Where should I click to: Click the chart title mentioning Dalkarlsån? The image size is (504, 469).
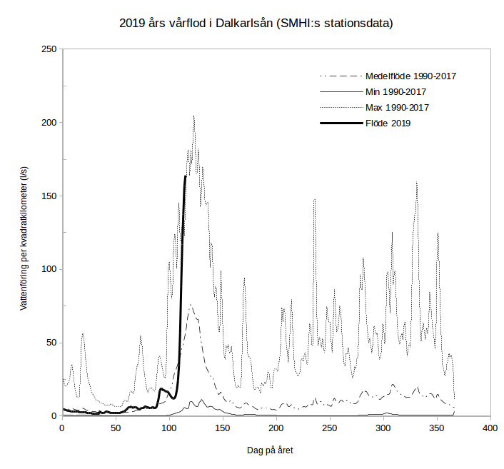(256, 24)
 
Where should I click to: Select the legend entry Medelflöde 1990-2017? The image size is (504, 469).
(410, 76)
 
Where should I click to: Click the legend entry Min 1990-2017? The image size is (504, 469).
(396, 91)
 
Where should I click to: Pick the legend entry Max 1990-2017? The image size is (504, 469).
(397, 107)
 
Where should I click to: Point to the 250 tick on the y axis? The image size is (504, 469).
(49, 49)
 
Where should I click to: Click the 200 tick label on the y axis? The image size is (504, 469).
(49, 123)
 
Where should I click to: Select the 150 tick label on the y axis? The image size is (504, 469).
(49, 196)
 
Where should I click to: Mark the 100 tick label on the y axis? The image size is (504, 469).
(49, 269)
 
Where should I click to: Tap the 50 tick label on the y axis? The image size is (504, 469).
(51, 343)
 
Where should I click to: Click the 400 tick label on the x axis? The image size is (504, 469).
(490, 428)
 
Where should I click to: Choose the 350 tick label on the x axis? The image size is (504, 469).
(437, 428)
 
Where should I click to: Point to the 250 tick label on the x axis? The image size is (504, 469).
(330, 428)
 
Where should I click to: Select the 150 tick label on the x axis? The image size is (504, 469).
(223, 428)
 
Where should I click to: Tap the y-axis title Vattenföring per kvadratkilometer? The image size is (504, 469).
(23, 233)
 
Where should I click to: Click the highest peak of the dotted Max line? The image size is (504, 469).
(193, 116)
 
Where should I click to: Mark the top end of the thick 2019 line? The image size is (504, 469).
(186, 176)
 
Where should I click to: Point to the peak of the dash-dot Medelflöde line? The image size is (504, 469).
(191, 305)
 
